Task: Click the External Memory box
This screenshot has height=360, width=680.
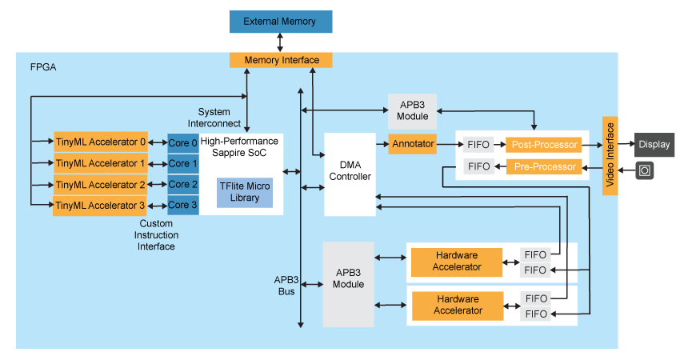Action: click(x=280, y=22)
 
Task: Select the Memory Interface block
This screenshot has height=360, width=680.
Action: click(x=281, y=60)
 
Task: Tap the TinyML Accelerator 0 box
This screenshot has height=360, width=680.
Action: click(x=101, y=142)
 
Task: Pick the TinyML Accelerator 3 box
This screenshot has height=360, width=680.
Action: click(x=101, y=206)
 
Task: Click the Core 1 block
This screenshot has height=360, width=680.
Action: click(x=183, y=163)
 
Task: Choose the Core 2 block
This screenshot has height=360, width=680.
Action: click(x=183, y=185)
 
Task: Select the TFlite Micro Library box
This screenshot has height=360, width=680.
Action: click(x=245, y=192)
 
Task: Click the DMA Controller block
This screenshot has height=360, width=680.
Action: click(x=350, y=170)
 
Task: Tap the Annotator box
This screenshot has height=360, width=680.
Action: click(x=413, y=145)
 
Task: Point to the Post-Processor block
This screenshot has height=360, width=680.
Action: click(x=544, y=145)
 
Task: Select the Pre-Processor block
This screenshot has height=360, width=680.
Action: click(x=544, y=166)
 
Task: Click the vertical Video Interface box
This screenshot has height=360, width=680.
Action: click(x=610, y=156)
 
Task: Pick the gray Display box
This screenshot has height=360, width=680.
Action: click(x=654, y=146)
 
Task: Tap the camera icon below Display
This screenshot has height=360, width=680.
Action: click(x=645, y=170)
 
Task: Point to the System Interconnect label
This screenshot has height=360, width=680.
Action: click(x=214, y=118)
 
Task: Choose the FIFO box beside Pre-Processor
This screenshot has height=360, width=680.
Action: click(x=478, y=166)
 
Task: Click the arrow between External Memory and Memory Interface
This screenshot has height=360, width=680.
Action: click(x=281, y=43)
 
